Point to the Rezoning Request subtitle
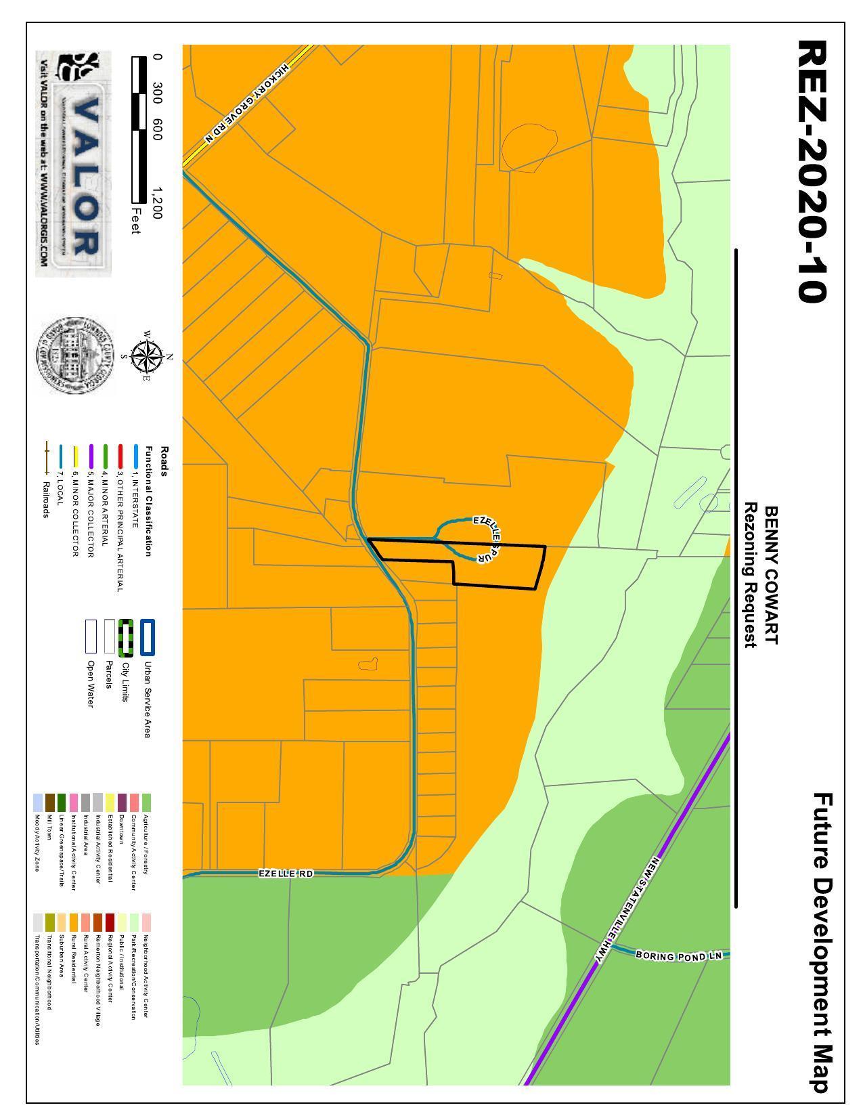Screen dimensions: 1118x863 [750, 575]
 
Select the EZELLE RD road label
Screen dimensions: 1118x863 [286, 874]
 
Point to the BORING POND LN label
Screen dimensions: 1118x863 [679, 955]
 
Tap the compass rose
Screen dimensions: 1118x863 [144, 357]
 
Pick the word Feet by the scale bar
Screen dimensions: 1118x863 [136, 221]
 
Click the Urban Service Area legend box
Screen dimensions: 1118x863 [148, 637]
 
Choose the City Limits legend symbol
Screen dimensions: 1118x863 [126, 637]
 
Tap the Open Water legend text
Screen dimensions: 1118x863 [91, 683]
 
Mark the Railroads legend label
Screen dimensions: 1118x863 [46, 499]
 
